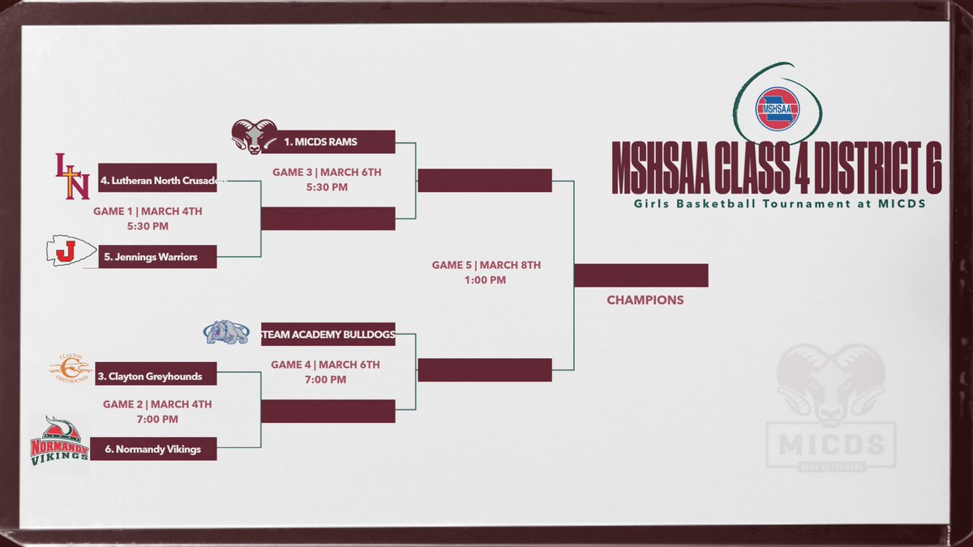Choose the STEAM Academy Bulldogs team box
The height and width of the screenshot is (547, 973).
(328, 334)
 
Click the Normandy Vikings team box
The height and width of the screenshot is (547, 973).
(153, 449)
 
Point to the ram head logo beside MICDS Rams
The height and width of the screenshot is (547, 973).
(255, 136)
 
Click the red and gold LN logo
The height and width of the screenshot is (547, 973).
(71, 176)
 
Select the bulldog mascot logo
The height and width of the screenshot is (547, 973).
(226, 331)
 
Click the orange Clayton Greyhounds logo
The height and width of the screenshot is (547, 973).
(71, 369)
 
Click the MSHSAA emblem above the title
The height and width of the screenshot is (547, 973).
(778, 108)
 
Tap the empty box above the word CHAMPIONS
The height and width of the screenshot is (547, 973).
(641, 276)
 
